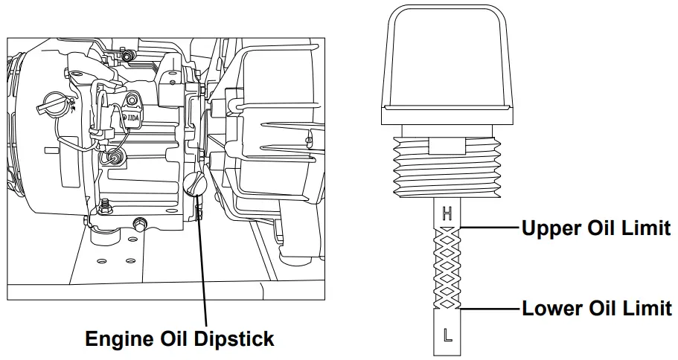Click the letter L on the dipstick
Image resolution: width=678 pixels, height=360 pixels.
click(447, 335)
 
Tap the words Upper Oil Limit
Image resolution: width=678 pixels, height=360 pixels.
click(595, 228)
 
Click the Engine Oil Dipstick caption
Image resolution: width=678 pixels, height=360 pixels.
click(179, 339)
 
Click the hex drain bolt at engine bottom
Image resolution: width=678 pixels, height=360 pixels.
click(139, 222)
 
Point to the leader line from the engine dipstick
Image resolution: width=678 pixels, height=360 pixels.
click(202, 260)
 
